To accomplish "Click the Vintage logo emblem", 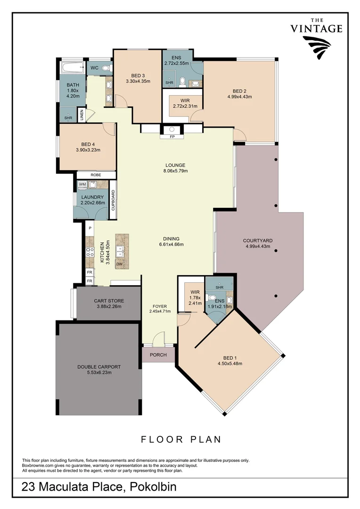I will tap(317, 48).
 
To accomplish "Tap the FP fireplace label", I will tap(172, 137).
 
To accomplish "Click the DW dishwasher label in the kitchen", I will tap(120, 264).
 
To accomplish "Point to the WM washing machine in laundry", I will tap(82, 184).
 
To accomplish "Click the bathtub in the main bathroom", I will tap(73, 68).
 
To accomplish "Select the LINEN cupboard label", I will tap(82, 115).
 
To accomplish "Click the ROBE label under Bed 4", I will tap(96, 175).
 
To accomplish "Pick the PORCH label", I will tap(158, 355).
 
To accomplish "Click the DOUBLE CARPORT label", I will tap(98, 366).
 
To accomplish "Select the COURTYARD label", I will tap(258, 240).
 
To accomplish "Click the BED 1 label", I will tap(229, 357).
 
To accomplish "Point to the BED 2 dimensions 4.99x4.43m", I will tap(239, 97).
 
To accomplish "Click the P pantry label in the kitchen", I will tap(90, 228).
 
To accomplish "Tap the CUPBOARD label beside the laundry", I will tap(113, 200).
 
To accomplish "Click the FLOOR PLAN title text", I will tap(181, 439).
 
